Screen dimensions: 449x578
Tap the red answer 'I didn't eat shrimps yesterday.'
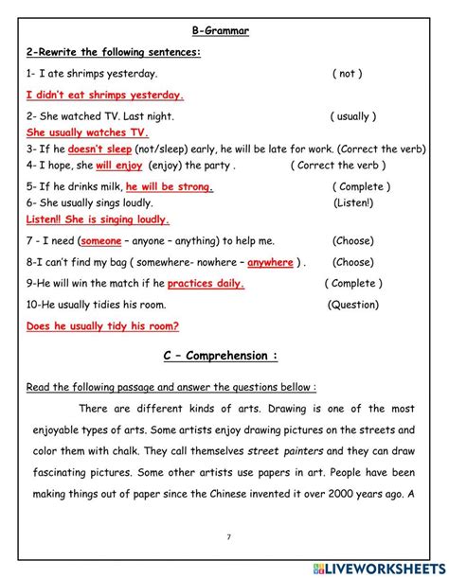[x=105, y=95]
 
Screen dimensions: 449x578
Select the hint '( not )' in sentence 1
[x=348, y=73]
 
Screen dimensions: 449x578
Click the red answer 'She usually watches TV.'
[x=87, y=132]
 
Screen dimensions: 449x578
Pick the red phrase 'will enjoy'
[x=118, y=165]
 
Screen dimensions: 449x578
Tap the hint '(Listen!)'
[x=353, y=202]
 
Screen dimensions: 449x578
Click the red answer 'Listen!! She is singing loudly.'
[x=98, y=219]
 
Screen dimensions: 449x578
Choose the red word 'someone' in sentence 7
[x=100, y=240]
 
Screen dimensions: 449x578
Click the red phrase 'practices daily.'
[x=206, y=283]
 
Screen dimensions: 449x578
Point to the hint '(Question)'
[x=353, y=305]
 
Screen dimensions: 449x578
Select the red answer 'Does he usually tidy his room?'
[x=102, y=326]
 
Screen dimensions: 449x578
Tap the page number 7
[x=228, y=536]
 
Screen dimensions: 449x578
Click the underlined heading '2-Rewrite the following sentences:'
[x=114, y=52]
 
